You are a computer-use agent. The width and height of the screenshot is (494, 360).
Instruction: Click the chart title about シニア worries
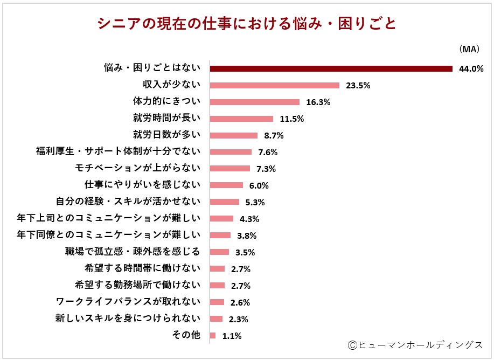[x=247, y=24]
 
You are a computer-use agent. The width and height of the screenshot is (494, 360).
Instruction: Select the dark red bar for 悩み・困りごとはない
[x=330, y=68]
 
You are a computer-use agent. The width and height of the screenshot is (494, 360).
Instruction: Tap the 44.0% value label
[x=471, y=69]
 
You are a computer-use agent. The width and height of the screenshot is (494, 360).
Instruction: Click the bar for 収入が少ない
[x=274, y=85]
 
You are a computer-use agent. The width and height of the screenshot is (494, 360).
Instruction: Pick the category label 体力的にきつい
[x=166, y=101]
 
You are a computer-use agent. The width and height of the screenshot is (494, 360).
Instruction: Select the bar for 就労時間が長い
[x=241, y=119]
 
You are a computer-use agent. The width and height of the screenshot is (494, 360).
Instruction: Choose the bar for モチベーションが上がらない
[x=230, y=169]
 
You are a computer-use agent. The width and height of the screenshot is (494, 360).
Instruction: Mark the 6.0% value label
[x=258, y=185]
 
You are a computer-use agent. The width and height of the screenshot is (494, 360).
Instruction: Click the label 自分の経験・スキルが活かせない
[x=128, y=201]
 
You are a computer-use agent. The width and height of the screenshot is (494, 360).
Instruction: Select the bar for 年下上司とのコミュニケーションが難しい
[x=221, y=219]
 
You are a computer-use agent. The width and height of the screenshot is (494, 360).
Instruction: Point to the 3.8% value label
[x=246, y=236]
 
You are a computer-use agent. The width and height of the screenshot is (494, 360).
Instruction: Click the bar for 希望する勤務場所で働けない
[x=217, y=286]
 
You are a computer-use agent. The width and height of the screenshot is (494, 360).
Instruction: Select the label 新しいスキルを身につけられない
[x=128, y=318]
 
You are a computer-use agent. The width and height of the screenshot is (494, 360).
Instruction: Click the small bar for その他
[x=213, y=336]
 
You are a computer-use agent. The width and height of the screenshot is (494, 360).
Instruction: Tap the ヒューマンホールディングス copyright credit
[x=415, y=344]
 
